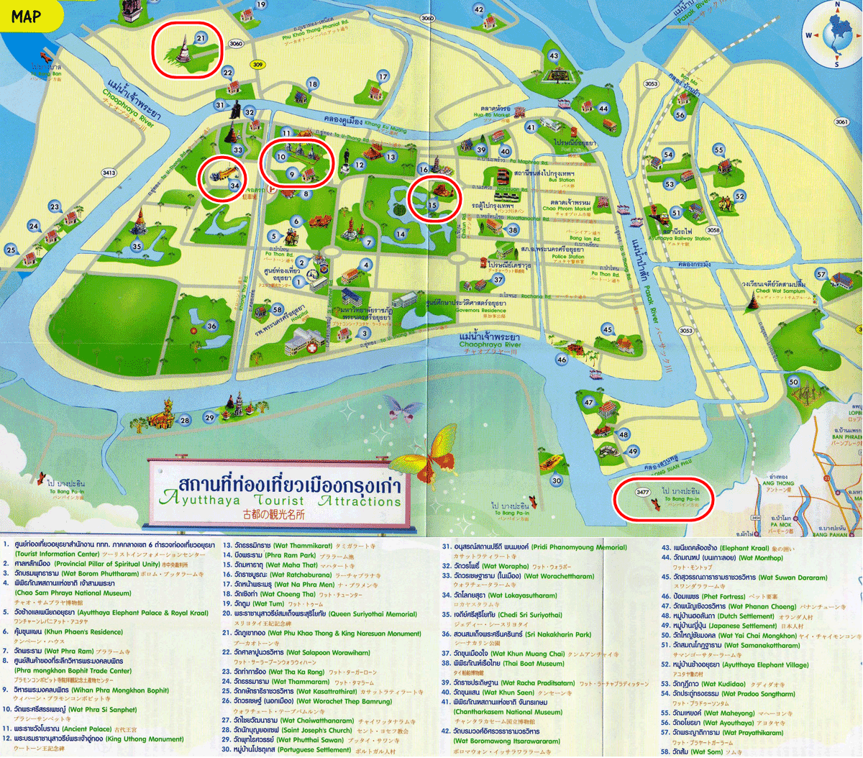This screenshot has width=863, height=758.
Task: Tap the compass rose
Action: tap(836, 35)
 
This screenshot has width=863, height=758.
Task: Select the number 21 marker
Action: tap(201, 38)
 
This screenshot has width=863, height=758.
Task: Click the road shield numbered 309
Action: tap(257, 65)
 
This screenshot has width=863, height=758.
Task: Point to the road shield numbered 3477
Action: tap(642, 492)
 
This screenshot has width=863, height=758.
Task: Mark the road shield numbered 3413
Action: tap(109, 173)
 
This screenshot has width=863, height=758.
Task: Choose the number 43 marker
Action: tap(553, 55)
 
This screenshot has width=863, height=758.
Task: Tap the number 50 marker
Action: tap(793, 382)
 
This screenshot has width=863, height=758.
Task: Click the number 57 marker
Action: tap(821, 274)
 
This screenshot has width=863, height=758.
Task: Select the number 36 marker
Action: tap(211, 326)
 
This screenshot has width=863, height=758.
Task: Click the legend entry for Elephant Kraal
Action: tap(719, 548)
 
